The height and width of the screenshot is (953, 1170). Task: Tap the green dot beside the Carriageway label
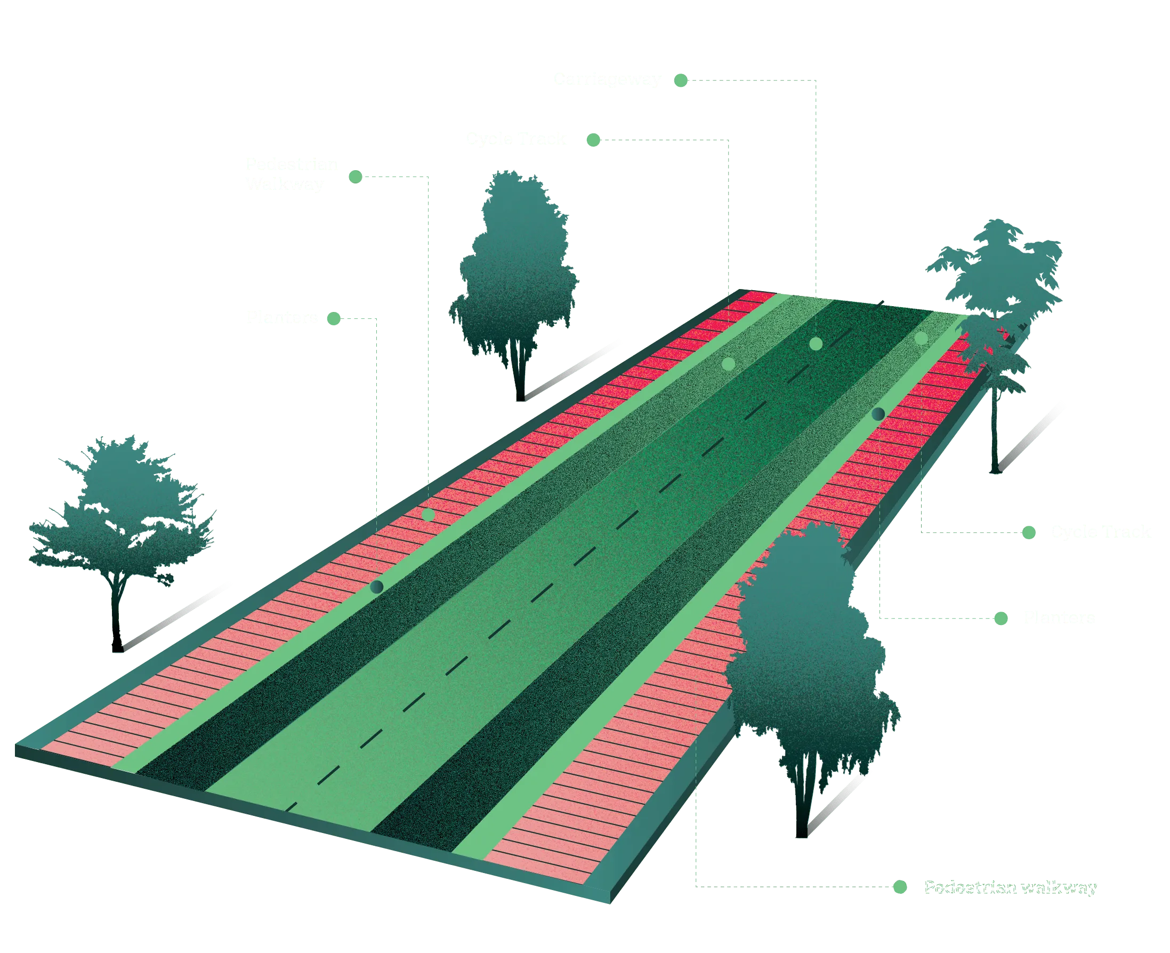coord(681,81)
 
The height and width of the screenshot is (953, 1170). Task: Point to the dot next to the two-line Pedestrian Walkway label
coord(355,175)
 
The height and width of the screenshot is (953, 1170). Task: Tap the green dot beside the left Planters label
coord(334,319)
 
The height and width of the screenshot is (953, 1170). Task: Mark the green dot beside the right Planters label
coord(1001,619)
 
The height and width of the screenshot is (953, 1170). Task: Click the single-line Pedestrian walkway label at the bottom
coord(1010,888)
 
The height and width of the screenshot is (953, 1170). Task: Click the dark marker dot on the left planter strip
coord(376,587)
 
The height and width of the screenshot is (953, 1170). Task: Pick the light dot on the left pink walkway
coord(429,515)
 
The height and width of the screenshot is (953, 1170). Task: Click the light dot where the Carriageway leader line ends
coord(816,344)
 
